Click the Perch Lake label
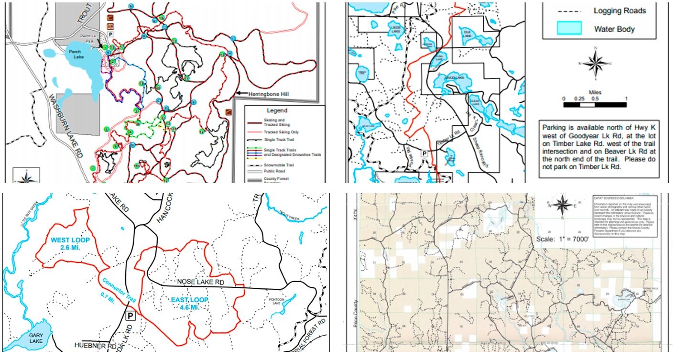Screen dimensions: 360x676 pos(75,54)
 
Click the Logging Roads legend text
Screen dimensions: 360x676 pos(620,11)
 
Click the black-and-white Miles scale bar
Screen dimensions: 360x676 pos(595,104)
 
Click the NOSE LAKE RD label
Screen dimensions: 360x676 pos(200,282)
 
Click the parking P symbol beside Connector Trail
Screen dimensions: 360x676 pos(130,316)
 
